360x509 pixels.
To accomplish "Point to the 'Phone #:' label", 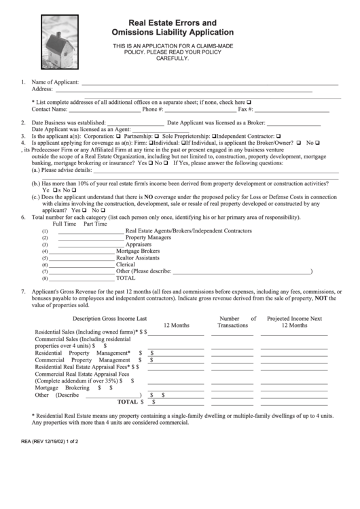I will tap(153, 109).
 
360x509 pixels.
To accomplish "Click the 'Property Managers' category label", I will tap(148, 238).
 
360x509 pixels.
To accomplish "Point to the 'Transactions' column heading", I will tap(232, 326).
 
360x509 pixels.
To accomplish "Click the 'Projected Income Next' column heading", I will tap(294, 318).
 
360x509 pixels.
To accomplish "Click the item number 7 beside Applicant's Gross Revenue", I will tap(24, 290).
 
